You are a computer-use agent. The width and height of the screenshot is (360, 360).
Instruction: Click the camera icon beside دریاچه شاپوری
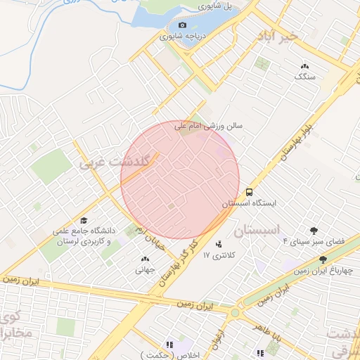coord(183,25)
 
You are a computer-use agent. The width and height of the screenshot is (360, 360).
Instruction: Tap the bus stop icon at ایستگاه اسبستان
coord(249,191)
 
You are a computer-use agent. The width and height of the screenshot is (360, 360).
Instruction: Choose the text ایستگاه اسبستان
coord(250,203)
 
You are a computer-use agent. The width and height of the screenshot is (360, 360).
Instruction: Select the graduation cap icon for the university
coord(84,220)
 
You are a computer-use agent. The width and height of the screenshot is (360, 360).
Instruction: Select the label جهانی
coord(145,268)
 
